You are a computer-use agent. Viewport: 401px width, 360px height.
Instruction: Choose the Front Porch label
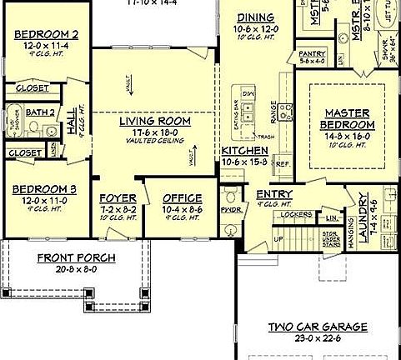pyautogui.click(x=76, y=257)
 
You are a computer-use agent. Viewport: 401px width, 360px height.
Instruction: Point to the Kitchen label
pyautogui.click(x=243, y=149)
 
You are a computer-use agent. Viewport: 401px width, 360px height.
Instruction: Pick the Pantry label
pyautogui.click(x=311, y=52)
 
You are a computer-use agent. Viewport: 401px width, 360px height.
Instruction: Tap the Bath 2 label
pyautogui.click(x=41, y=112)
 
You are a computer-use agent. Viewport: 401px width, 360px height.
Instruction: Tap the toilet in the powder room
pyautogui.click(x=231, y=197)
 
